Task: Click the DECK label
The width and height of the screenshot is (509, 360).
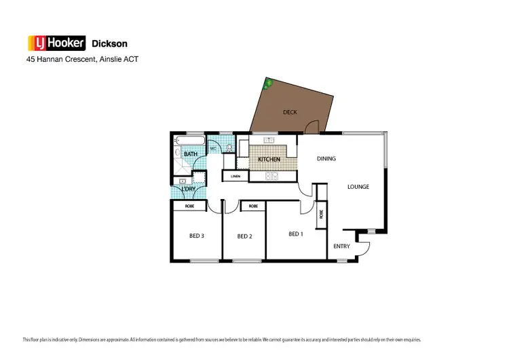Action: [290, 112]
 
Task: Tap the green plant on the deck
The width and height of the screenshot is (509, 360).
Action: [268, 84]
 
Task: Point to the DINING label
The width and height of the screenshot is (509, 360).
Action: [326, 159]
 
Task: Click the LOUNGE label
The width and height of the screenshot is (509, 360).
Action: [358, 186]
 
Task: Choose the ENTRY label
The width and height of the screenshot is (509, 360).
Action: [341, 247]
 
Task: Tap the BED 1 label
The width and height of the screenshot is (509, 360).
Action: [295, 234]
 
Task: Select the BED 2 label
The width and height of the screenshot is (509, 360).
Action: [244, 236]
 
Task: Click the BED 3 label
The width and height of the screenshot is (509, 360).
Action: [196, 236]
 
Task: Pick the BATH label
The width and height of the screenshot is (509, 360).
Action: [191, 154]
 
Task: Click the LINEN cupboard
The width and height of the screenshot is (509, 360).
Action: [235, 177]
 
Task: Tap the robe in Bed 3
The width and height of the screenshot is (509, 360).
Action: [189, 206]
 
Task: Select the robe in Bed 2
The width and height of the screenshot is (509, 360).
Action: [252, 206]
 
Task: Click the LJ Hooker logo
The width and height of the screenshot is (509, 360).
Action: [56, 43]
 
